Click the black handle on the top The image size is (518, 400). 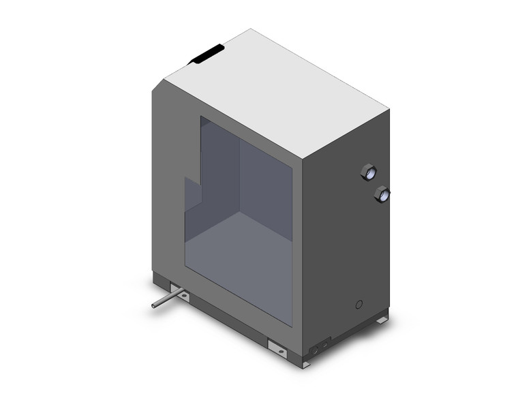(207, 54)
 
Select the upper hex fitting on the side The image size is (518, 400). (369, 172)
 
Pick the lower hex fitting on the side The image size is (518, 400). (382, 195)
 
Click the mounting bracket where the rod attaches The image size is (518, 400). (181, 293)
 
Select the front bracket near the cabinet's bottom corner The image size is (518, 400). (277, 348)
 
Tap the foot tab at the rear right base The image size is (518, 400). (382, 318)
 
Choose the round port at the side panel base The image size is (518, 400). (315, 350)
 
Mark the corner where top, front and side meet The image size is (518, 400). (301, 159)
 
